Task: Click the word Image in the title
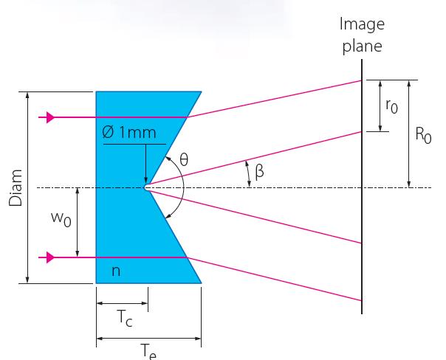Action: coord(362,24)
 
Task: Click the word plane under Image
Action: coord(362,46)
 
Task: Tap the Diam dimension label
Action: coord(16,188)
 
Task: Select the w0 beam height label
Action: coord(61,219)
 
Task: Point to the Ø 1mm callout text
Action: coord(128,132)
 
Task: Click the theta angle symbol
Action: coord(184,159)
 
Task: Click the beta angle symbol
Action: coord(259,172)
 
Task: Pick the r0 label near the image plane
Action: coord(391,106)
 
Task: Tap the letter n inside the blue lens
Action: coord(116,271)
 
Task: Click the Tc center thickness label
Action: coord(125,318)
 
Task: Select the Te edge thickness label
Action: coord(148,351)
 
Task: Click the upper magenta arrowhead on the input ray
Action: coord(50,117)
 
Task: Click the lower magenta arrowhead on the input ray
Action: coord(50,257)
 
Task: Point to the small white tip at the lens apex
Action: coord(147,187)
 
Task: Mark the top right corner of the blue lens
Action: coord(202,91)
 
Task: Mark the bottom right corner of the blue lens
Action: coord(202,283)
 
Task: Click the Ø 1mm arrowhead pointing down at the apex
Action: coord(146,181)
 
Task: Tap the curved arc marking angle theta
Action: coord(184,187)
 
